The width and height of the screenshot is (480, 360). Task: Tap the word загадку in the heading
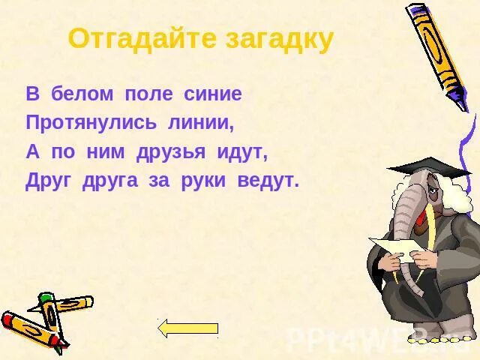click(x=275, y=39)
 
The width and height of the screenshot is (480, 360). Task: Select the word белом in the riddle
click(x=82, y=94)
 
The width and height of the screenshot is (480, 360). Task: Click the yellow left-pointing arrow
click(x=187, y=328)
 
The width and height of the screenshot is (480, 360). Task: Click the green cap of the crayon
click(x=46, y=300)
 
